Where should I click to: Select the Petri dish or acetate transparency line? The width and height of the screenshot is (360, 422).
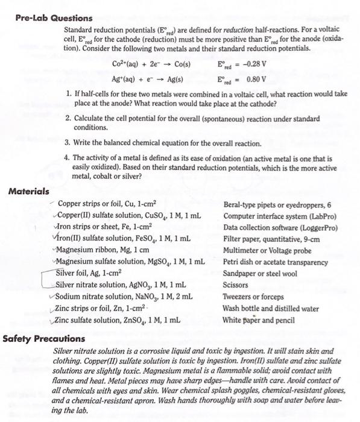275,262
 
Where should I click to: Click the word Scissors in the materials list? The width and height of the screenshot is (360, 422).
236,285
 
